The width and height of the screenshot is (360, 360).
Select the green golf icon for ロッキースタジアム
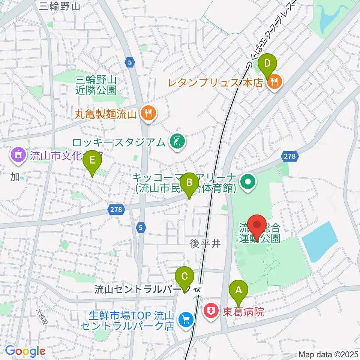177,142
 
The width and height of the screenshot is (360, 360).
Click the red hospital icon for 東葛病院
211,311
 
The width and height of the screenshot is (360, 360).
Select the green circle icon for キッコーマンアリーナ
248,183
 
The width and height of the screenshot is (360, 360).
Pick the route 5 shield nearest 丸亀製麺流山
129,63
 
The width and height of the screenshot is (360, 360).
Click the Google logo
25,351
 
